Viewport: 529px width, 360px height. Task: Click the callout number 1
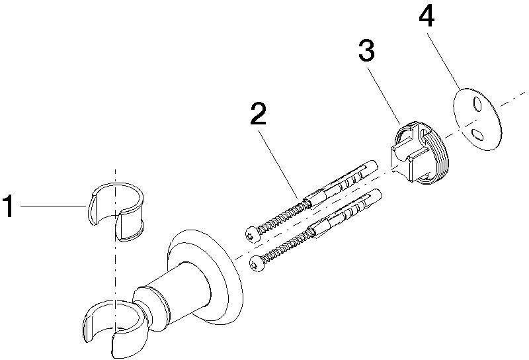tap(9, 206)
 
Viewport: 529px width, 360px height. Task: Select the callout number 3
tap(366, 50)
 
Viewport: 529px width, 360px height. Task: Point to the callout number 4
tap(427, 16)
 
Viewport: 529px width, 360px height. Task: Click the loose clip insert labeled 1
tap(116, 212)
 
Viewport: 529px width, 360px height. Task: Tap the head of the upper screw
tap(252, 234)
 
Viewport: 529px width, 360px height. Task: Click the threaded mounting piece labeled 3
tap(419, 153)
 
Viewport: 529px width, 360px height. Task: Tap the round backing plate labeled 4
tap(476, 119)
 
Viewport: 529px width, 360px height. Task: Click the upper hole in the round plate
tap(477, 104)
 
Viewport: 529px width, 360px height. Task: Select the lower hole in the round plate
tap(477, 135)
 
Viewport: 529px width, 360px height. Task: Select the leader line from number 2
tap(278, 165)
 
